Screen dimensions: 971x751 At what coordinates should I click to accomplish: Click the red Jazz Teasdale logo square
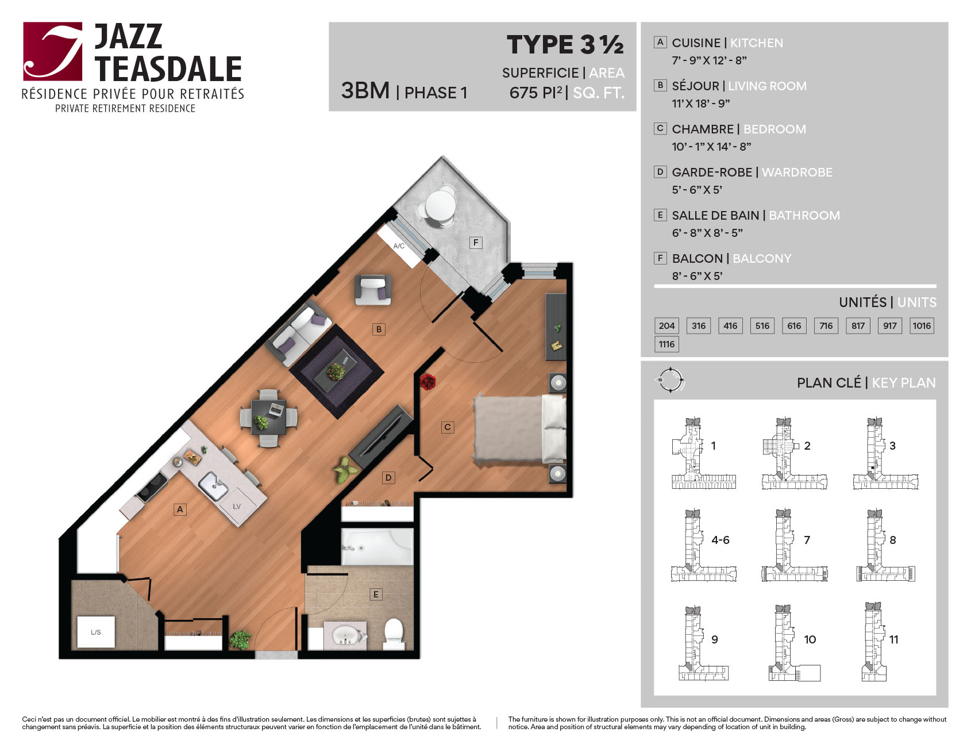point(53,51)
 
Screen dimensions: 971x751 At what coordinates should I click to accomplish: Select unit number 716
point(826,325)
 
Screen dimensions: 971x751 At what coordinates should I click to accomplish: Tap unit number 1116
point(666,344)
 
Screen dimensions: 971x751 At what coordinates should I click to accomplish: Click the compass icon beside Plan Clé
point(671,380)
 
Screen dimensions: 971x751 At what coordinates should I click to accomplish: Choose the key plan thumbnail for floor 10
point(795,643)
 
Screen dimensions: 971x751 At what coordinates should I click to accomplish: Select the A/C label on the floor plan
point(399,246)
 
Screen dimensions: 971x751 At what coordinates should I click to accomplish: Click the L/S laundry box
point(96,632)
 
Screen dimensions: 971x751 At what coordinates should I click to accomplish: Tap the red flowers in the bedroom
point(427,382)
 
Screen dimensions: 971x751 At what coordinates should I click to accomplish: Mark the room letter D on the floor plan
point(388,477)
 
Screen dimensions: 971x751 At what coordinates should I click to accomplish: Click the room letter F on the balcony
point(475,243)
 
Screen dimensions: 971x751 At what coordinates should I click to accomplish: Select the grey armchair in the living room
point(373,289)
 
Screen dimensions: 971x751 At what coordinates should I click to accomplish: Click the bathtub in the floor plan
point(377,547)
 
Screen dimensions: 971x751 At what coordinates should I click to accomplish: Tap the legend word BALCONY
point(762,259)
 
